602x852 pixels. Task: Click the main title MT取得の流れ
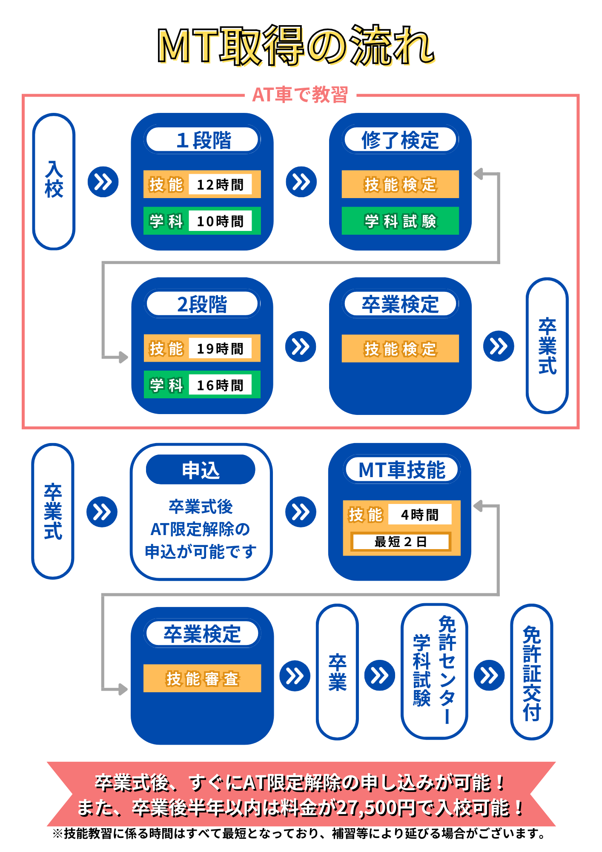coord(296,45)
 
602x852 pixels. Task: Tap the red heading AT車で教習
coord(300,95)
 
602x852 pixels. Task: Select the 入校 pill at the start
coord(54,181)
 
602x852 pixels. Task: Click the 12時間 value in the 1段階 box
coord(220,184)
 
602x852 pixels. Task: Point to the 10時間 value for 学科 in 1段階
coord(220,221)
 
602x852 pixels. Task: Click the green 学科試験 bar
coord(400,221)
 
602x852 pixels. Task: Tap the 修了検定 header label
coord(400,140)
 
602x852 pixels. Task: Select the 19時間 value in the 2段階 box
coord(220,348)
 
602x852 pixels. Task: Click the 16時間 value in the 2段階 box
coord(220,385)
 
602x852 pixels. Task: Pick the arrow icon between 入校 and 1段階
coord(103,182)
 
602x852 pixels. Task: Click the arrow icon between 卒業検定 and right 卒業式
coord(499,346)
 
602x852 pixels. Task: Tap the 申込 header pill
coord(201,470)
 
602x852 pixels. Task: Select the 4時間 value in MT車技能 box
coord(419,515)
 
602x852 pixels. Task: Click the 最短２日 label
coord(400,541)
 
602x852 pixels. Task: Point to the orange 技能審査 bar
coord(202,678)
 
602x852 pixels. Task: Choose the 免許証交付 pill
coord(531,672)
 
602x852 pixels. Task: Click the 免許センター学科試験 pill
coord(434,671)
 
